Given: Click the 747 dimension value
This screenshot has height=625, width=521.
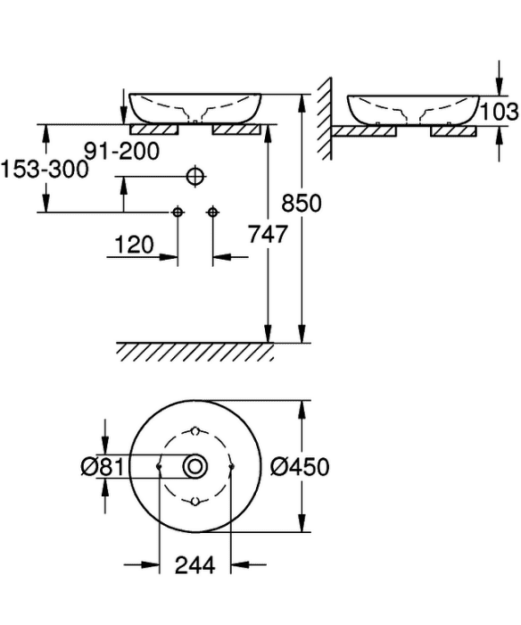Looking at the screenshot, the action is coord(268,234).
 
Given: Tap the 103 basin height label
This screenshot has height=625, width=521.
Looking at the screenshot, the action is coord(500,112).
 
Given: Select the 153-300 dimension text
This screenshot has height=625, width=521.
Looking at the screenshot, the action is coord(44,169).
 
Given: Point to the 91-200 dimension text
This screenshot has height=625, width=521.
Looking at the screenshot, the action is coord(122,151).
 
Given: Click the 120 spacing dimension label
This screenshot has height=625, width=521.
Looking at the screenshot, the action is coord(134,245).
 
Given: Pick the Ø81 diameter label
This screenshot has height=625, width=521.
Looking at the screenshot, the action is coord(103,466).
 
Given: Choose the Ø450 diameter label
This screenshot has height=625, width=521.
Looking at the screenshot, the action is coord(300,466).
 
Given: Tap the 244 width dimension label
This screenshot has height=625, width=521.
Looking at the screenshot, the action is coord(195,564).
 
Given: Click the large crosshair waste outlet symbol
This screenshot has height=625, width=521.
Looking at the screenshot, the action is coord(195,176).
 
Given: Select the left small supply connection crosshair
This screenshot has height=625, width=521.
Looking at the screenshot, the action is coord(178,212).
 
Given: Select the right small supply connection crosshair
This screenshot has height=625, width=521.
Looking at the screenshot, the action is coord(212,212).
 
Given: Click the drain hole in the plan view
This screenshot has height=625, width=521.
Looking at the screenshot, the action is coord(195,466).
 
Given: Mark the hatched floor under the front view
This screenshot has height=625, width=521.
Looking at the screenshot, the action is coord(195,352).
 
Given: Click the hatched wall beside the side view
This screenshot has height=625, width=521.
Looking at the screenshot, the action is coord(325,119).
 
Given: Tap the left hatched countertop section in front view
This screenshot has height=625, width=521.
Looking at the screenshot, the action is coord(154,129).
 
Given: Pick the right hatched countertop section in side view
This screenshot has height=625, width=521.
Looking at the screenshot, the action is coord(454,131).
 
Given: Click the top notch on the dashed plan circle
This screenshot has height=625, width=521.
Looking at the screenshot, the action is coord(194,431).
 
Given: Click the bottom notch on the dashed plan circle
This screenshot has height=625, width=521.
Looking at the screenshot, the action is coord(194,502).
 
